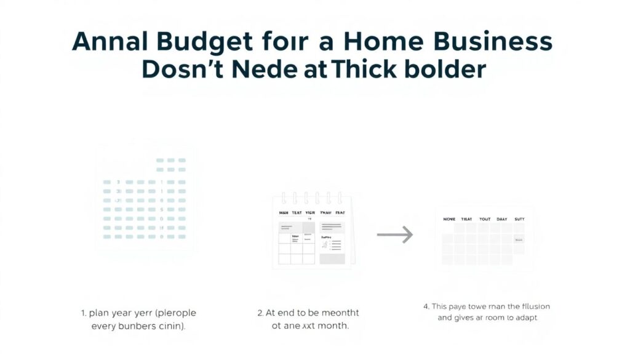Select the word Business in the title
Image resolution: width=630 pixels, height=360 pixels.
tap(490, 42)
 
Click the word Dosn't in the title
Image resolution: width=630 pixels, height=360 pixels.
tap(188, 69)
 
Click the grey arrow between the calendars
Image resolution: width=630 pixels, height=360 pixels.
tap(395, 234)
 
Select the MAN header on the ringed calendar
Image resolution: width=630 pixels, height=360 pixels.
tap(284, 212)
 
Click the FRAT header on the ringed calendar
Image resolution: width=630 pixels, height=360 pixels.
tap(340, 212)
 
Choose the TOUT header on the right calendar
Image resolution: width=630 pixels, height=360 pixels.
tap(485, 218)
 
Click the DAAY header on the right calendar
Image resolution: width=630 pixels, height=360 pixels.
tap(502, 218)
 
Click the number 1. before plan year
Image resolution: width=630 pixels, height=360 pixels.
tap(84, 313)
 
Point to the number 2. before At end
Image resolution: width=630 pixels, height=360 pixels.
tap(261, 313)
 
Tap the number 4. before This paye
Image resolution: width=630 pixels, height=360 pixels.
tap(426, 306)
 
